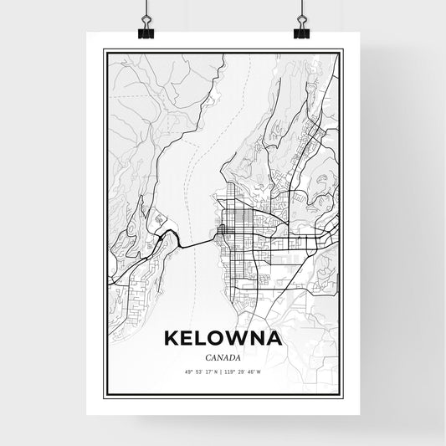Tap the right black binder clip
coord(300,25)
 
